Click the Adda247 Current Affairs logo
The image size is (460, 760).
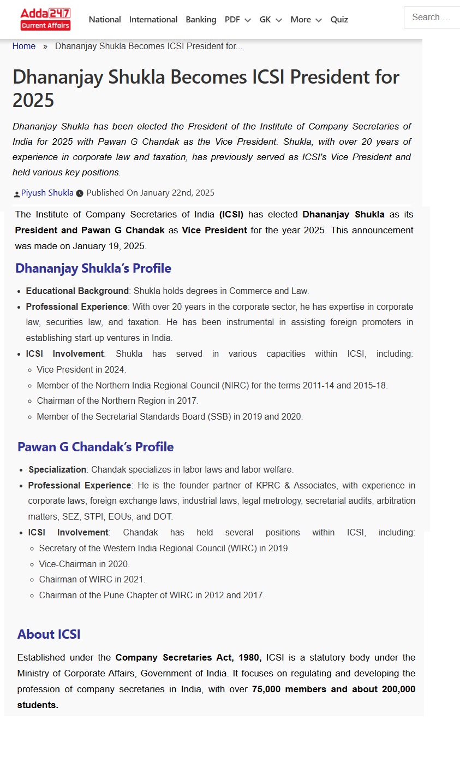tap(45, 19)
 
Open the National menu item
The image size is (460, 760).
tap(105, 20)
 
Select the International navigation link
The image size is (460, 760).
tap(153, 20)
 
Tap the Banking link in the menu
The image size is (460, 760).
tap(201, 20)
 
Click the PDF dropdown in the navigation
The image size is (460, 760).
tap(237, 20)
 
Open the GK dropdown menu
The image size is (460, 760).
tap(271, 20)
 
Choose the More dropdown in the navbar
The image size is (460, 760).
tap(306, 20)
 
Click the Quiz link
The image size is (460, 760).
tap(339, 20)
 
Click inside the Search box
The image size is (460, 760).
tap(434, 17)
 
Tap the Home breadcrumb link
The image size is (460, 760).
tap(24, 46)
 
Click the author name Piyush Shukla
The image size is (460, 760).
tap(47, 193)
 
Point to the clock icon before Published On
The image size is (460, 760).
tap(80, 193)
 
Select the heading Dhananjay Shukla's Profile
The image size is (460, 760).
tap(93, 268)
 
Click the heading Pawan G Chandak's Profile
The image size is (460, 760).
tap(95, 447)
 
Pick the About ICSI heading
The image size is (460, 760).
tap(49, 634)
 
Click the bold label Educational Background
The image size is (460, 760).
tap(77, 291)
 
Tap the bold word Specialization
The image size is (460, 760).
tap(57, 470)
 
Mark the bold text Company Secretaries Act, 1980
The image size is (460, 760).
tap(188, 658)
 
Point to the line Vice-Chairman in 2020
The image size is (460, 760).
tap(85, 564)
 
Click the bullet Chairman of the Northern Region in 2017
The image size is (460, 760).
tap(117, 401)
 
